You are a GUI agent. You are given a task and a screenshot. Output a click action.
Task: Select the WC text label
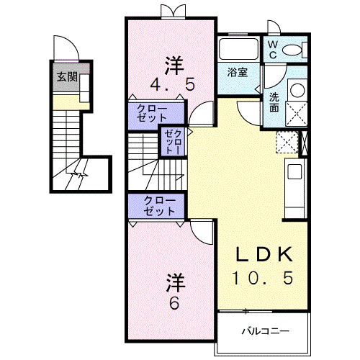[x=273, y=48]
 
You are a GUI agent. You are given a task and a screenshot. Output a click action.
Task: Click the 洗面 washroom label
[x=274, y=102]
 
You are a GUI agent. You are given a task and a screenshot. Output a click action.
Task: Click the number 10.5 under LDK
[x=262, y=277]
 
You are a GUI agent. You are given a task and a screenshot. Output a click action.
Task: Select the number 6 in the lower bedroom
[x=173, y=302]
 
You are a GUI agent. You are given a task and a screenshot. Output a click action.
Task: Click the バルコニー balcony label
[x=265, y=332]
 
